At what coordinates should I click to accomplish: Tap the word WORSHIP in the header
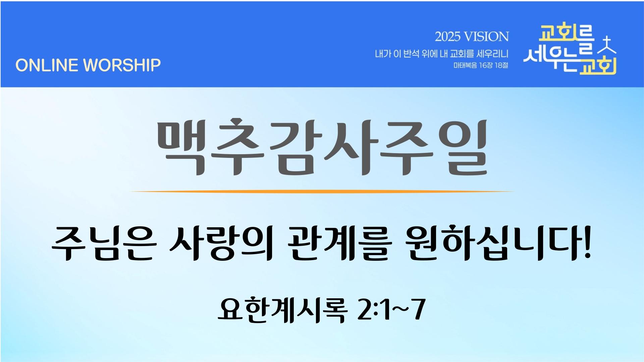point(122,65)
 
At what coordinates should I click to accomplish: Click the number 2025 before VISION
point(447,37)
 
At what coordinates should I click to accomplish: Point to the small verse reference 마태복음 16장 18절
point(481,65)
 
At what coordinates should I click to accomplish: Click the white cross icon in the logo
point(607,45)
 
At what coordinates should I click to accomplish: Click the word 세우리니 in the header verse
point(492,54)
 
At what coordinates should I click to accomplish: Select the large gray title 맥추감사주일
point(322,147)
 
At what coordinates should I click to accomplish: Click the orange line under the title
point(322,192)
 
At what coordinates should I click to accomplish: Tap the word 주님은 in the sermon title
point(104,243)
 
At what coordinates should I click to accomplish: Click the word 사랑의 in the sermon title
point(221,243)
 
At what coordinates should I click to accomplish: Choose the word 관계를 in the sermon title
point(339,243)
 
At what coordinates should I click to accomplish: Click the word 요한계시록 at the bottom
point(282,310)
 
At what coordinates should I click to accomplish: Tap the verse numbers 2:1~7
point(391,310)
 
